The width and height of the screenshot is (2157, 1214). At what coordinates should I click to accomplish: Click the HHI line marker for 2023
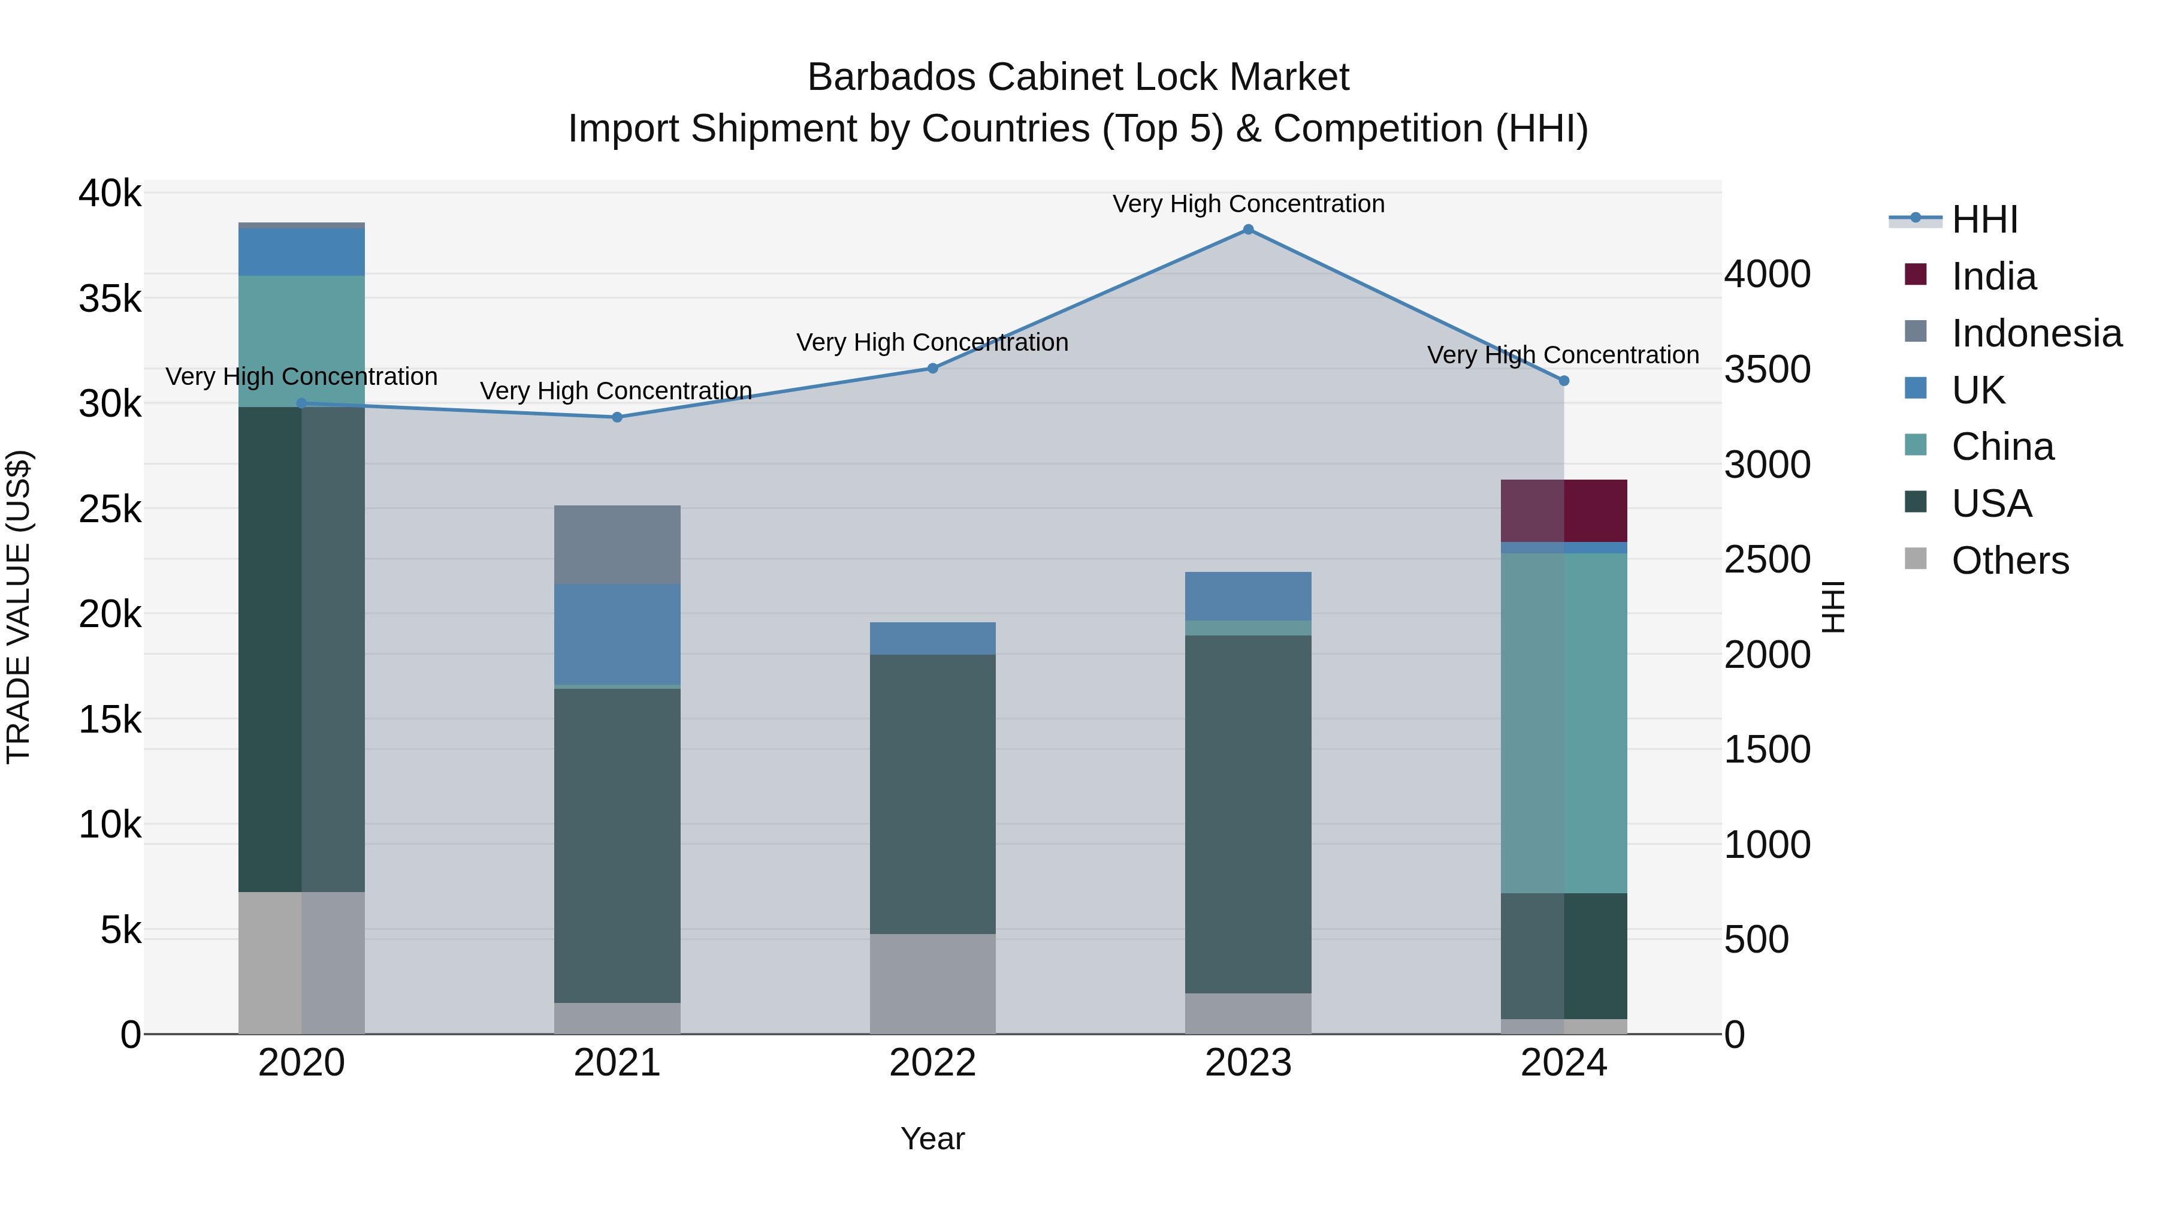(x=1247, y=230)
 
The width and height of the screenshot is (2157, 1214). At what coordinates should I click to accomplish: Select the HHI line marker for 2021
(x=617, y=417)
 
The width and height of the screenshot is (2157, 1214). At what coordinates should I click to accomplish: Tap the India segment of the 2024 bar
(x=1563, y=511)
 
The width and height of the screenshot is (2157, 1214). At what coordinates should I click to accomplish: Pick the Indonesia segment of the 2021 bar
(x=617, y=544)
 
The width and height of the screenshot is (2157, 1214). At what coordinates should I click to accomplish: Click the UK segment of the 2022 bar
(x=933, y=638)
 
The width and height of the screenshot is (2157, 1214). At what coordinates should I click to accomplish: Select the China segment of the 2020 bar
(x=301, y=341)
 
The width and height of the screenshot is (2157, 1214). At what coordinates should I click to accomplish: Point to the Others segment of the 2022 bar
(x=933, y=984)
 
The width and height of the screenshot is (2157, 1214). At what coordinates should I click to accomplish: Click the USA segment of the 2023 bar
(x=1247, y=814)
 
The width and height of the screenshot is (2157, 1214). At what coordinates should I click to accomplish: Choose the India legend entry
(x=1993, y=276)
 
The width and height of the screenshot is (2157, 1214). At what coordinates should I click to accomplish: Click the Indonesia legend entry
(x=2035, y=333)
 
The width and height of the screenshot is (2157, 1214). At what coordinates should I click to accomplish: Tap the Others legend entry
(x=2009, y=561)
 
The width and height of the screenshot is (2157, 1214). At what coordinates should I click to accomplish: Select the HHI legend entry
(x=1984, y=219)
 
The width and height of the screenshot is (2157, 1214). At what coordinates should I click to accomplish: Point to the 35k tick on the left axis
(x=110, y=299)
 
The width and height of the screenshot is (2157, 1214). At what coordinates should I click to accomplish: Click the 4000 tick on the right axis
(x=1767, y=275)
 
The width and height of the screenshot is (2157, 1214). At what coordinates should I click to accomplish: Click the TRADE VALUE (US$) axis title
(x=19, y=607)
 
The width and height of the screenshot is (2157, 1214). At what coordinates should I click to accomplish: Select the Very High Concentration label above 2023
(x=1247, y=204)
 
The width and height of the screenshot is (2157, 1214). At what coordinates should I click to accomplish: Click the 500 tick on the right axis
(x=1756, y=940)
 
